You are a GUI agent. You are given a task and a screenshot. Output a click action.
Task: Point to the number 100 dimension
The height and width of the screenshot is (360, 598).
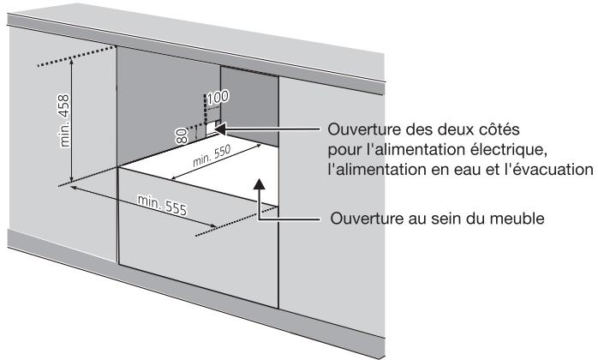tap(218, 97)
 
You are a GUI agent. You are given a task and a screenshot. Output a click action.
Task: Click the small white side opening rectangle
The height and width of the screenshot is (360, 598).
tap(211, 129)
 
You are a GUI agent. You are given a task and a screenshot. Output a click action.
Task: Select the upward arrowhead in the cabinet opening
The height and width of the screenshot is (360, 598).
tap(261, 182)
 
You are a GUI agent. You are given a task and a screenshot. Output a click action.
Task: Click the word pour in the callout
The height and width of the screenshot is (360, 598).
tap(344, 150)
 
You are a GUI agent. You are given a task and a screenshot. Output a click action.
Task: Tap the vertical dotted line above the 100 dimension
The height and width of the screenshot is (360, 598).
tap(206, 105)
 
